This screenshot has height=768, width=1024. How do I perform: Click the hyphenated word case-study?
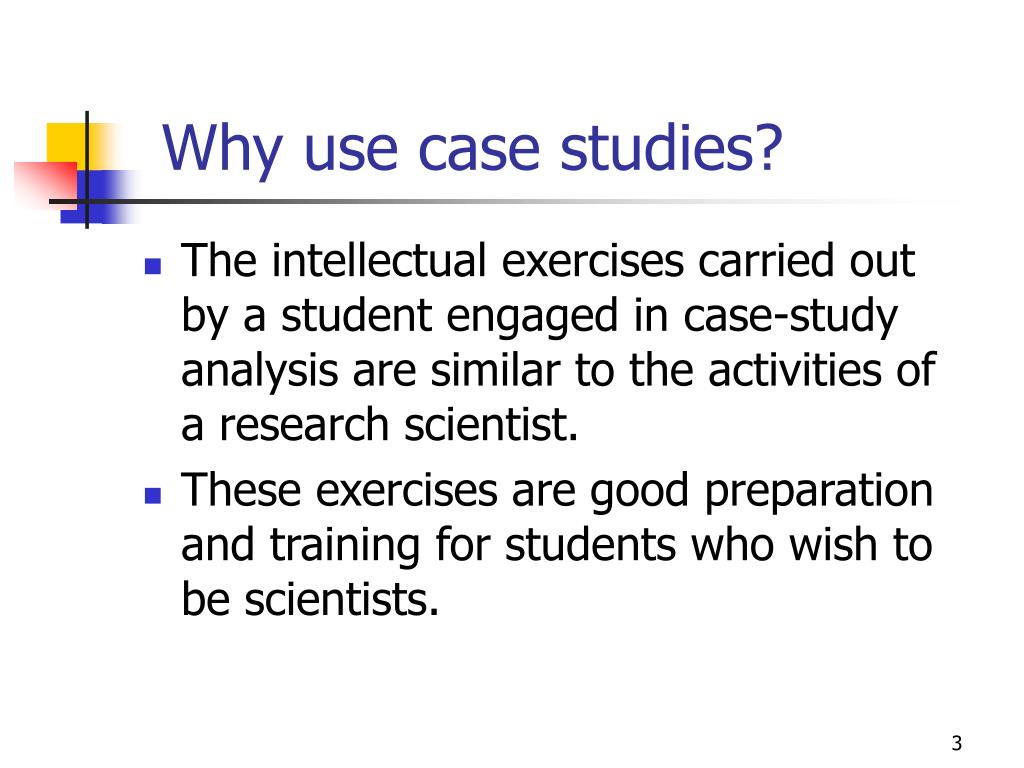790,317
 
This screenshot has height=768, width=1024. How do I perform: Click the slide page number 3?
957,743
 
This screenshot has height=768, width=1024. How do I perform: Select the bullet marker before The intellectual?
153,267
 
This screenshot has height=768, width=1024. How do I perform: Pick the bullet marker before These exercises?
153,496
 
